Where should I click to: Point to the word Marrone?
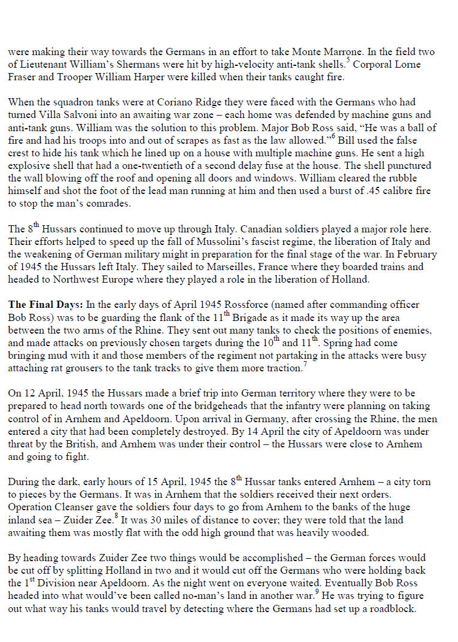(332, 53)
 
